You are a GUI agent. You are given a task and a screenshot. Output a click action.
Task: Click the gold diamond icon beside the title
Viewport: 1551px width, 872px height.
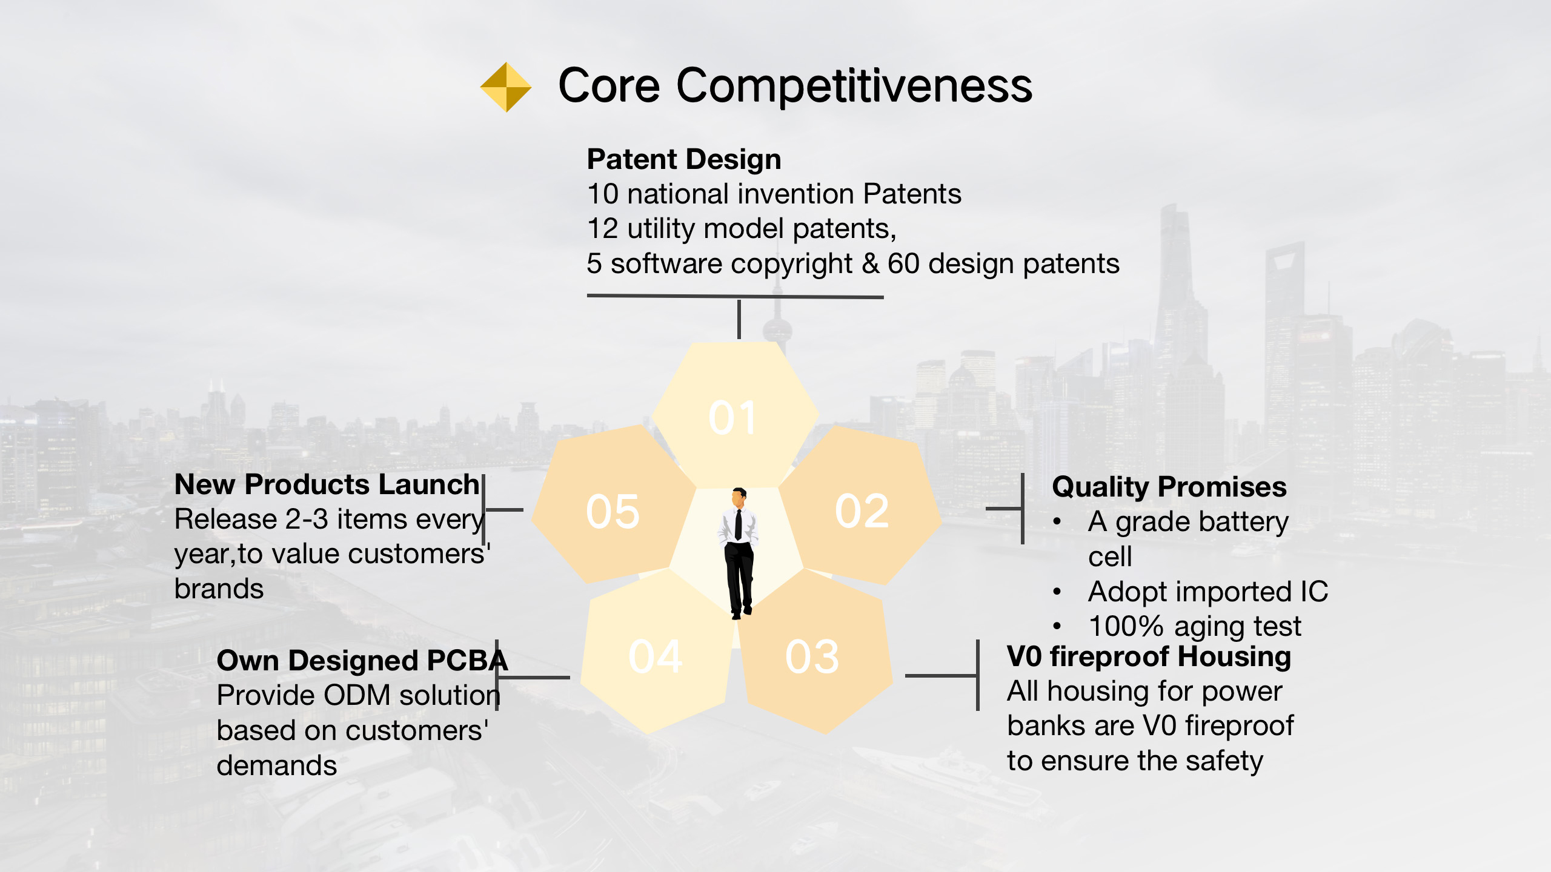[x=506, y=87]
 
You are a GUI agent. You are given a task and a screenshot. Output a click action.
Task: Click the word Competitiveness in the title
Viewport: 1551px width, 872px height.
[x=854, y=86]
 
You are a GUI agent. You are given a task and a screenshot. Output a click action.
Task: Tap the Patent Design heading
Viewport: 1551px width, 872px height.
[x=684, y=159]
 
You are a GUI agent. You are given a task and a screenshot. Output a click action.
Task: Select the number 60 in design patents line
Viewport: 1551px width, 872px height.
[x=903, y=263]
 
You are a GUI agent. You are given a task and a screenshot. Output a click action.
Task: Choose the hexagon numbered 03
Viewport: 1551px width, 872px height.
[x=812, y=656]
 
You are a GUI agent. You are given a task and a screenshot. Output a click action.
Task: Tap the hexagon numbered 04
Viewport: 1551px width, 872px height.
[x=656, y=656]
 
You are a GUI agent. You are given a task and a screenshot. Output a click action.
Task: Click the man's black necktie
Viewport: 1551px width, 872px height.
[x=738, y=524]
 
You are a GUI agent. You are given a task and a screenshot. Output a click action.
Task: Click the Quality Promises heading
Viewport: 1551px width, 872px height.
[x=1169, y=487]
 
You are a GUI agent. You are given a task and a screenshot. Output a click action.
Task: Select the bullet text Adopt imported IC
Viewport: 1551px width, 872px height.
[x=1207, y=592]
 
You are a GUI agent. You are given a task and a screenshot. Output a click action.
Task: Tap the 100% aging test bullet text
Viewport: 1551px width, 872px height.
[x=1194, y=626]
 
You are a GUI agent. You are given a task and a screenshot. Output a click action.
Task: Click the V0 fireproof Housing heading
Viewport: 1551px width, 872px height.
[x=1149, y=656]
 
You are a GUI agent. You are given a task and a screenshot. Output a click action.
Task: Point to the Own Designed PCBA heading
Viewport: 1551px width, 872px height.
[x=362, y=660]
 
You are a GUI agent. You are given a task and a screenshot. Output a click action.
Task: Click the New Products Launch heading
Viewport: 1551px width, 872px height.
[x=327, y=484]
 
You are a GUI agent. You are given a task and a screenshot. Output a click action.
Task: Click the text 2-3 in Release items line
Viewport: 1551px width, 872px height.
[x=307, y=520]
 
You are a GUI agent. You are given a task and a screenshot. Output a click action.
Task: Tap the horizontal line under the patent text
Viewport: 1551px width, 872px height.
[x=734, y=296]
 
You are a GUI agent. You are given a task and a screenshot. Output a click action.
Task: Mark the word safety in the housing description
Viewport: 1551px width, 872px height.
[x=1224, y=761]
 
